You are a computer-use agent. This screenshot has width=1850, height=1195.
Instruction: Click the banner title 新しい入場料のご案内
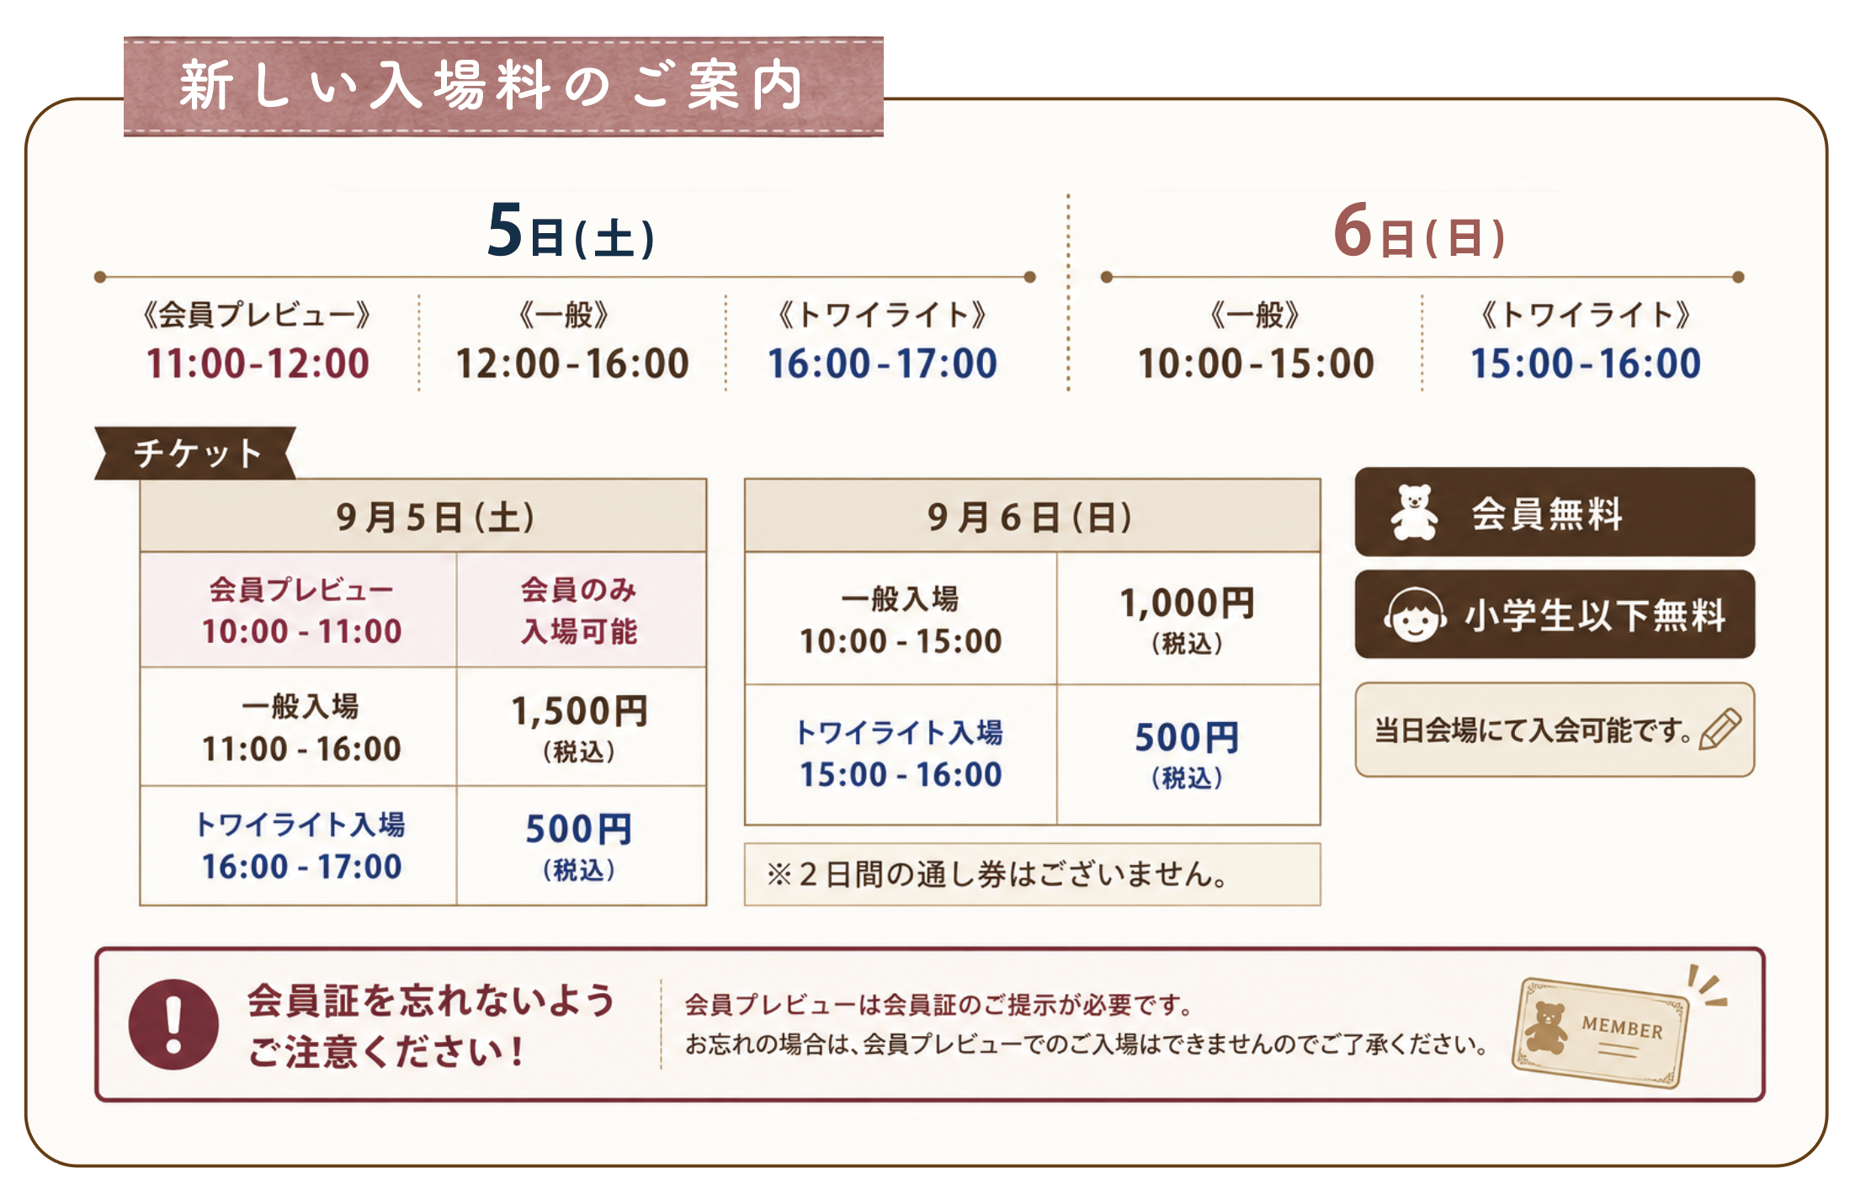pyautogui.click(x=492, y=86)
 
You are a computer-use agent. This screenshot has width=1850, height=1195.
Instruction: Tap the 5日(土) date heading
pyautogui.click(x=571, y=231)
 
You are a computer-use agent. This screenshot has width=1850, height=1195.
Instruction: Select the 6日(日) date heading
pyautogui.click(x=1419, y=231)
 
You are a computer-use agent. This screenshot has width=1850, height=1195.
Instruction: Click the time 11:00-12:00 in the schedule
pyautogui.click(x=258, y=364)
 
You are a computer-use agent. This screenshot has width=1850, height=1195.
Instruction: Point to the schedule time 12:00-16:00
pyautogui.click(x=572, y=364)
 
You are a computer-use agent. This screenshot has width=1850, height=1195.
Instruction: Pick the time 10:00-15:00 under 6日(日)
pyautogui.click(x=1256, y=364)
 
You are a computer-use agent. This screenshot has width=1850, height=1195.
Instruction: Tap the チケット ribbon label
pyautogui.click(x=195, y=453)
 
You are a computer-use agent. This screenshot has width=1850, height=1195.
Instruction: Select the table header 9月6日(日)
pyautogui.click(x=1032, y=516)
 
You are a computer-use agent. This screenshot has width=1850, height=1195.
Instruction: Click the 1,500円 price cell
pyautogui.click(x=581, y=727)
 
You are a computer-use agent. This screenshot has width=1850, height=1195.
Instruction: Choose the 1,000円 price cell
pyautogui.click(x=1188, y=619)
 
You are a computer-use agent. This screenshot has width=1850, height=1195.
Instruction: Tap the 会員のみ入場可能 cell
pyautogui.click(x=581, y=610)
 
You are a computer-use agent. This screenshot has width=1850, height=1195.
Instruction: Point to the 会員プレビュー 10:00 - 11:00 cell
pyautogui.click(x=299, y=610)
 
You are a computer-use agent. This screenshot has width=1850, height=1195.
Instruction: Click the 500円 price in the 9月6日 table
pyautogui.click(x=1188, y=754)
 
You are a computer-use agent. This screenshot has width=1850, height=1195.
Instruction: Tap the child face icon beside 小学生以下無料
pyautogui.click(x=1415, y=615)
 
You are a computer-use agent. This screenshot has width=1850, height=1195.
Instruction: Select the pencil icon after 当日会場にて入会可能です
pyautogui.click(x=1720, y=728)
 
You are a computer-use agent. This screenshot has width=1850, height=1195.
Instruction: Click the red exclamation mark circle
pyautogui.click(x=173, y=1024)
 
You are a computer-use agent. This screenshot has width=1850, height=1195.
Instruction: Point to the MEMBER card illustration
pyautogui.click(x=1600, y=1033)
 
